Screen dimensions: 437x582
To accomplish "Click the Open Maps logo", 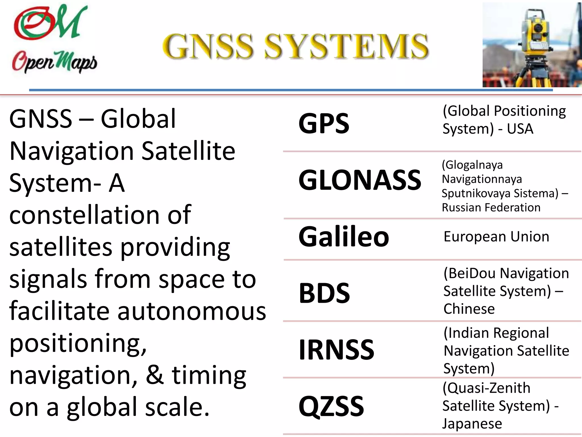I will click(54, 38).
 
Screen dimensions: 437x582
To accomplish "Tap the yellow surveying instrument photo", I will click(531, 45).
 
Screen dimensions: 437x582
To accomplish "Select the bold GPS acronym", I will click(324, 123).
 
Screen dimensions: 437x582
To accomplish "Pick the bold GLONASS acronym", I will click(360, 180).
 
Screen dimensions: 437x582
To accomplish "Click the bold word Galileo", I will click(344, 237).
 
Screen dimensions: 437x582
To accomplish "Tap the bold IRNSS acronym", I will click(336, 350).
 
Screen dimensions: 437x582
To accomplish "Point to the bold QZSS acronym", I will click(331, 407).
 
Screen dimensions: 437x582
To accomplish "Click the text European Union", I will click(496, 237).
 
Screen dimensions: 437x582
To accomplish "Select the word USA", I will click(520, 129).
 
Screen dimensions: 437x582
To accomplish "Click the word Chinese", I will click(469, 309).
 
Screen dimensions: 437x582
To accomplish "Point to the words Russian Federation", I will click(491, 208).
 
